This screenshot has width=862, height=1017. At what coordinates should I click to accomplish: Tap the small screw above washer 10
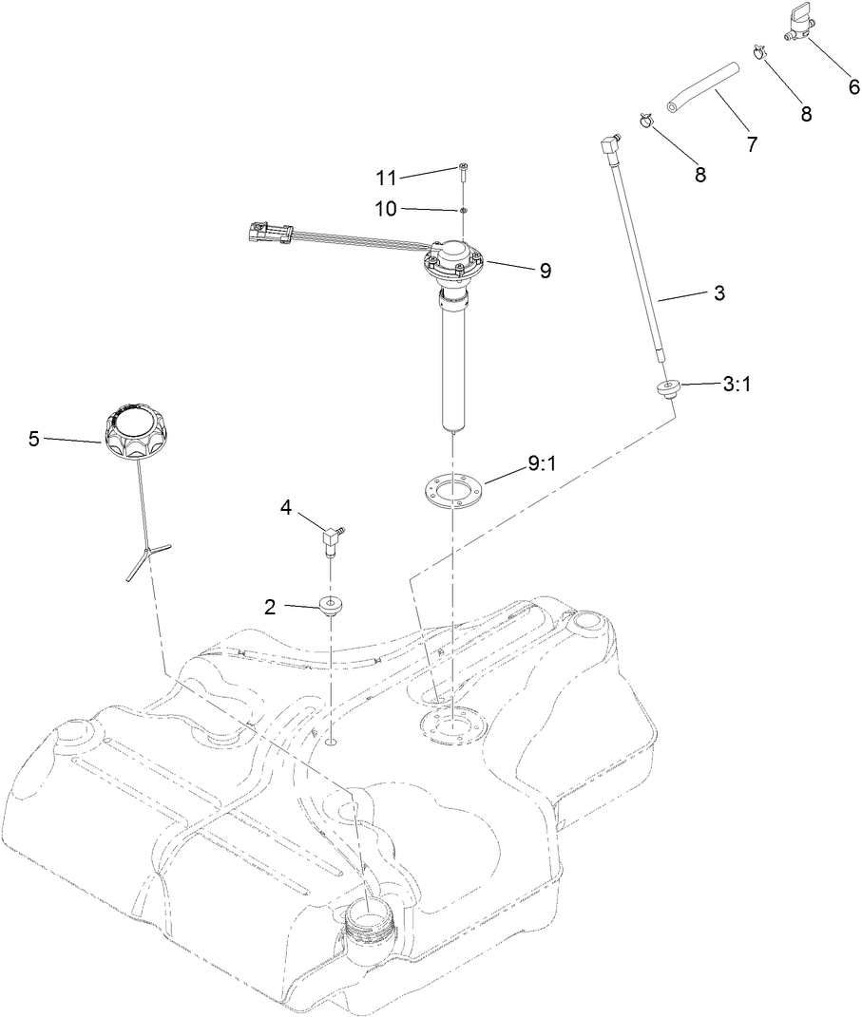point(462,171)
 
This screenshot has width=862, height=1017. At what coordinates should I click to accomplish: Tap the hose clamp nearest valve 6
point(759,51)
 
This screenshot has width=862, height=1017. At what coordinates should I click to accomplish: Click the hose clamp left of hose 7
point(644,121)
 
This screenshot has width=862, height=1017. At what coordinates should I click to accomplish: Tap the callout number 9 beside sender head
point(546,271)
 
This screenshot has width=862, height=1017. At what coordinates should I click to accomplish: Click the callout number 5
point(34,439)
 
